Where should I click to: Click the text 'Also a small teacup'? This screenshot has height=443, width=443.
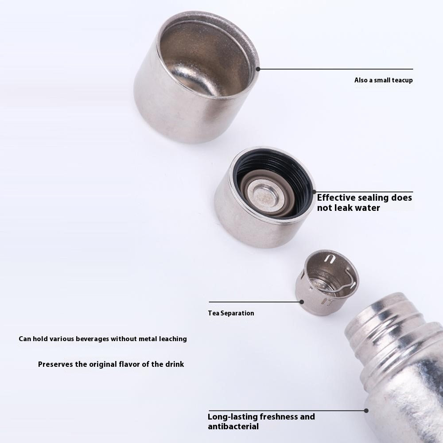[383, 80]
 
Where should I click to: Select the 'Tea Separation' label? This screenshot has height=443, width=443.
[231, 313]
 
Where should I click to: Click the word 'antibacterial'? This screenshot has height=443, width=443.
[233, 426]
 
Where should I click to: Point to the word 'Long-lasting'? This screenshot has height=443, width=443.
[233, 417]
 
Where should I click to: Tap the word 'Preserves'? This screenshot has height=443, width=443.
[55, 364]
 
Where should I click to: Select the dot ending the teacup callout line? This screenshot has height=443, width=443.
[258, 69]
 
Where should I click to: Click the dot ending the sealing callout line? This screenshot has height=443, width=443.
[314, 192]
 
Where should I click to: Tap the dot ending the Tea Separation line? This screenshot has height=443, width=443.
[301, 302]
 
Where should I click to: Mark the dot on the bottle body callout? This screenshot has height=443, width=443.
[366, 411]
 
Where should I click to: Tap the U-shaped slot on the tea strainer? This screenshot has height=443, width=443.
[330, 259]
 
